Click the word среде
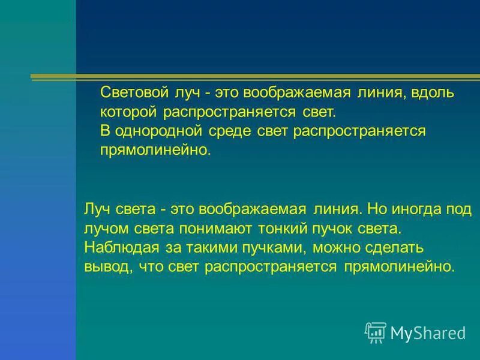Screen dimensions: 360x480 (x=221, y=131)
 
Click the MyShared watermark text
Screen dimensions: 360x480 (x=428, y=332)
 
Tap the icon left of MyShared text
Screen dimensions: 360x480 (x=375, y=332)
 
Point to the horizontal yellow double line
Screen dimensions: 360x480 (x=252, y=77)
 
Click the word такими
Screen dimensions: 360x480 (x=222, y=247)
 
